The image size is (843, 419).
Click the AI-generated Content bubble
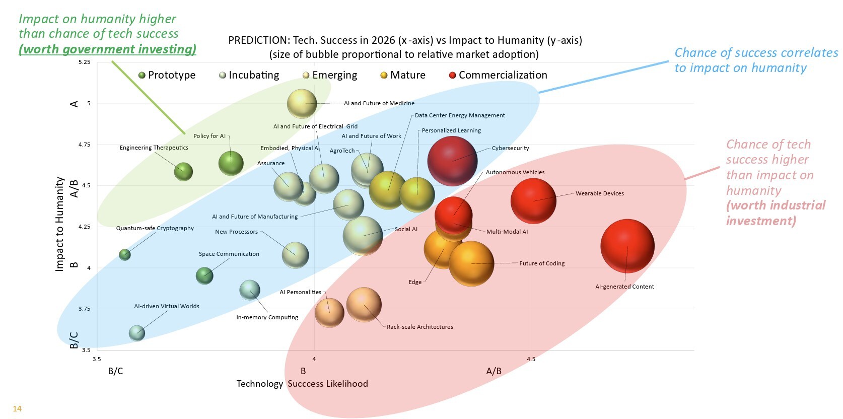pyautogui.click(x=627, y=246)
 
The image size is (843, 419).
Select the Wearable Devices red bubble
pyautogui.click(x=533, y=201)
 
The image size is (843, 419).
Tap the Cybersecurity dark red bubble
pyautogui.click(x=452, y=161)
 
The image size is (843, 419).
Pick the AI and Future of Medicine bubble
pyautogui.click(x=302, y=104)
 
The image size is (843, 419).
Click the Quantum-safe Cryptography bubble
pyautogui.click(x=124, y=254)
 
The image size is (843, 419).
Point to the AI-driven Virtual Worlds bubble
pyautogui.click(x=136, y=332)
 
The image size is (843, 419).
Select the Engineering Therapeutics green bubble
pyautogui.click(x=183, y=172)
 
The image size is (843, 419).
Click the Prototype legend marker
pyautogui.click(x=142, y=76)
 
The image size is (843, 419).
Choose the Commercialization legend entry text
pyautogui.click(x=503, y=75)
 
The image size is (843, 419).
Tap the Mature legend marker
pyautogui.click(x=384, y=76)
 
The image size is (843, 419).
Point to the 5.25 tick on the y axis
pyautogui.click(x=85, y=62)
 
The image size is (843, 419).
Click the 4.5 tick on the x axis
pyautogui.click(x=531, y=359)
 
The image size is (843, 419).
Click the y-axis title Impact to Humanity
pyautogui.click(x=59, y=224)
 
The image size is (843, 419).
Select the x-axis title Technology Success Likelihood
pyautogui.click(x=302, y=384)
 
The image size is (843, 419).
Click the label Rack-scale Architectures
pyautogui.click(x=419, y=327)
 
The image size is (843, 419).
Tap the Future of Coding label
pyautogui.click(x=541, y=263)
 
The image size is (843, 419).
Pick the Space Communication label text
pyautogui.click(x=229, y=254)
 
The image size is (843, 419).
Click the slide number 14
pyautogui.click(x=17, y=408)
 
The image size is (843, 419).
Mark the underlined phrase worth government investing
pyautogui.click(x=107, y=49)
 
